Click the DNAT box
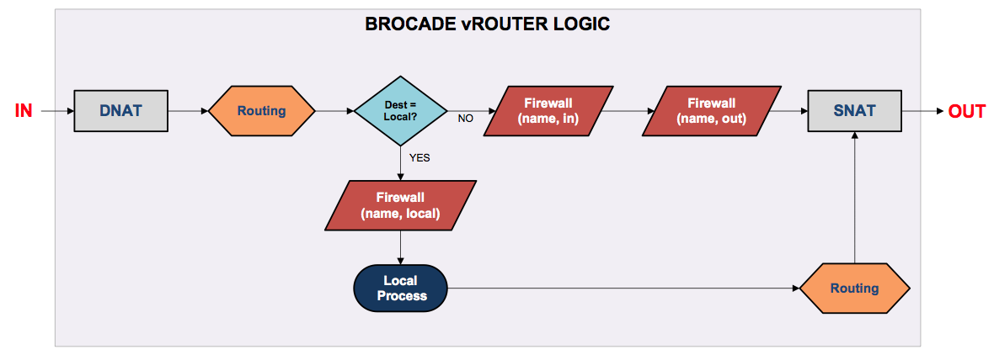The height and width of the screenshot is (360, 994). click(x=121, y=111)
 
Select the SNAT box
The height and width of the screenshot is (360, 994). click(x=854, y=111)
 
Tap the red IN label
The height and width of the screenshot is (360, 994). click(x=24, y=111)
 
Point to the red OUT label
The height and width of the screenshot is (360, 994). click(x=967, y=112)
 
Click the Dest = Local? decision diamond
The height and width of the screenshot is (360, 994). click(x=400, y=111)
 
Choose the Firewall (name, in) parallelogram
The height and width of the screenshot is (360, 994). click(x=547, y=111)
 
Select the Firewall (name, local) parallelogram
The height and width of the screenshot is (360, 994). click(x=400, y=205)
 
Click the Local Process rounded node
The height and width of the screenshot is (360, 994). click(x=400, y=288)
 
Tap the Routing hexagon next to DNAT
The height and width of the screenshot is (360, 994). click(x=262, y=111)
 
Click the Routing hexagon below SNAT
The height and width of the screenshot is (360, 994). click(x=854, y=289)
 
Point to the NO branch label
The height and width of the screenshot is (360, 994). click(x=465, y=119)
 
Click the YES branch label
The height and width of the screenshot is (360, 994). click(x=420, y=158)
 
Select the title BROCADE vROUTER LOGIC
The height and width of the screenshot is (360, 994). click(x=488, y=24)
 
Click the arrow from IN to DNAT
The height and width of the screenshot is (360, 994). click(x=57, y=111)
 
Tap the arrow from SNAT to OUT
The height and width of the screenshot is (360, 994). click(x=923, y=111)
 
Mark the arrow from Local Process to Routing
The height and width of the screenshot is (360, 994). click(x=624, y=289)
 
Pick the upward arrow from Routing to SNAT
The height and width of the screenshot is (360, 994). click(x=854, y=198)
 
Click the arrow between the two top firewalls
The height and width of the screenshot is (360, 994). click(x=628, y=111)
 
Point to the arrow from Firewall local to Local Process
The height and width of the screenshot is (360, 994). click(x=400, y=247)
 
